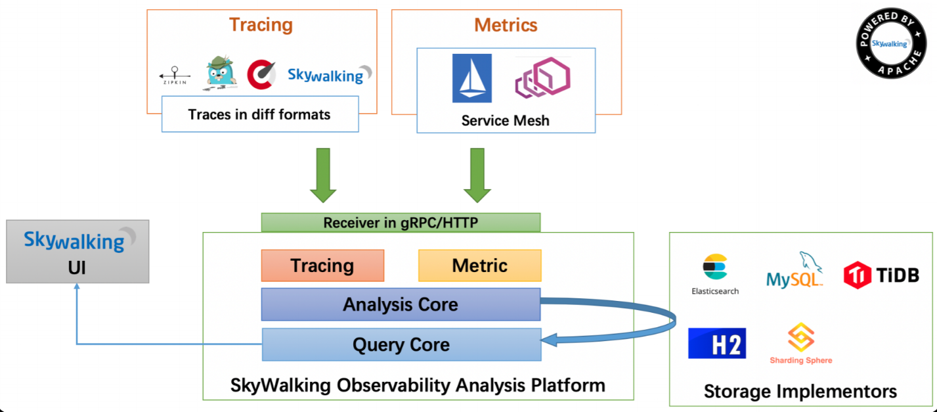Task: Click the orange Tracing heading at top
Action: (261, 25)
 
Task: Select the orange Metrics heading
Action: (506, 25)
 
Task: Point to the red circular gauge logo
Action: (261, 75)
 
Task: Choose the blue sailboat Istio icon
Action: (471, 78)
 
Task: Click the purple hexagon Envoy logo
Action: (542, 78)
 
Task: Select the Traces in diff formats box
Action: (259, 114)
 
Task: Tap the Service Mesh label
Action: (505, 120)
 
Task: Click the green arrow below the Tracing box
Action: (323, 175)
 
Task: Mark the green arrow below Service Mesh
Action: (477, 175)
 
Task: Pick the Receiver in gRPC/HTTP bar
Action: (401, 223)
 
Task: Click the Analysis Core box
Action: (401, 304)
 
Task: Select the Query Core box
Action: (401, 344)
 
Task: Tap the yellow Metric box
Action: (480, 265)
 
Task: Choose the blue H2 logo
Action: (717, 343)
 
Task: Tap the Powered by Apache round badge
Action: (890, 43)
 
